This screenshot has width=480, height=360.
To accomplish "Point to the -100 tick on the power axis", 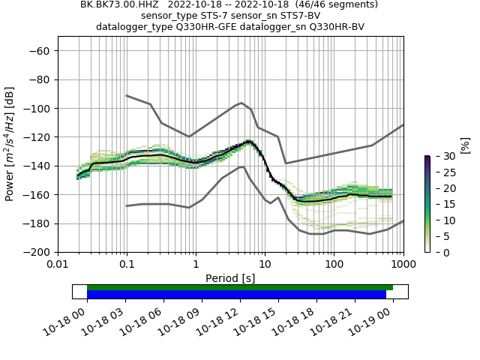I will (x=37, y=108).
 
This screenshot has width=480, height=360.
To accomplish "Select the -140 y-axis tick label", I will (x=37, y=166).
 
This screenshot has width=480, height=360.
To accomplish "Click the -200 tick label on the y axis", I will (x=37, y=252).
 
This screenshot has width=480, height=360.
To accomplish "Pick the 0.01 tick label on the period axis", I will (x=58, y=265).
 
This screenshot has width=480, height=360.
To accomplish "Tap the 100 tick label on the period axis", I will (x=334, y=265).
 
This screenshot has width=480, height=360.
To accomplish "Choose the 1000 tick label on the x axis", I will (x=403, y=265).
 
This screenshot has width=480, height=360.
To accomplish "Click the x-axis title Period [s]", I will (x=230, y=278).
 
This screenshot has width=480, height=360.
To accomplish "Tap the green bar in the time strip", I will (x=240, y=287).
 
